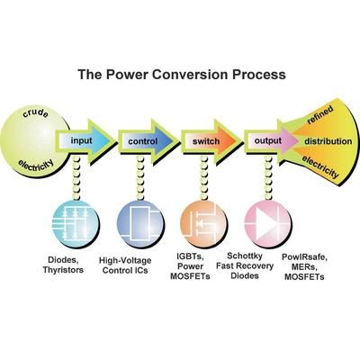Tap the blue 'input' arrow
(x=85, y=140)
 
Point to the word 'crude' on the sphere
(x=35, y=113)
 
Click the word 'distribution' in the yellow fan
(x=328, y=141)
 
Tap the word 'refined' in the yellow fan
(x=320, y=114)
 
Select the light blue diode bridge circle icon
(x=76, y=224)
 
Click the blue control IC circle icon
(x=140, y=224)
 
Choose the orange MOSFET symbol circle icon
(x=203, y=224)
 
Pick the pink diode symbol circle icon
(x=267, y=224)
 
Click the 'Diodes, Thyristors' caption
(x=63, y=265)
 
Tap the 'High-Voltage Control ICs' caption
(x=125, y=265)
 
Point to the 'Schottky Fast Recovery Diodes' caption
(x=245, y=265)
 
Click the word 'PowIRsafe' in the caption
(x=304, y=257)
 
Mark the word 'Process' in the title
(x=259, y=74)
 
